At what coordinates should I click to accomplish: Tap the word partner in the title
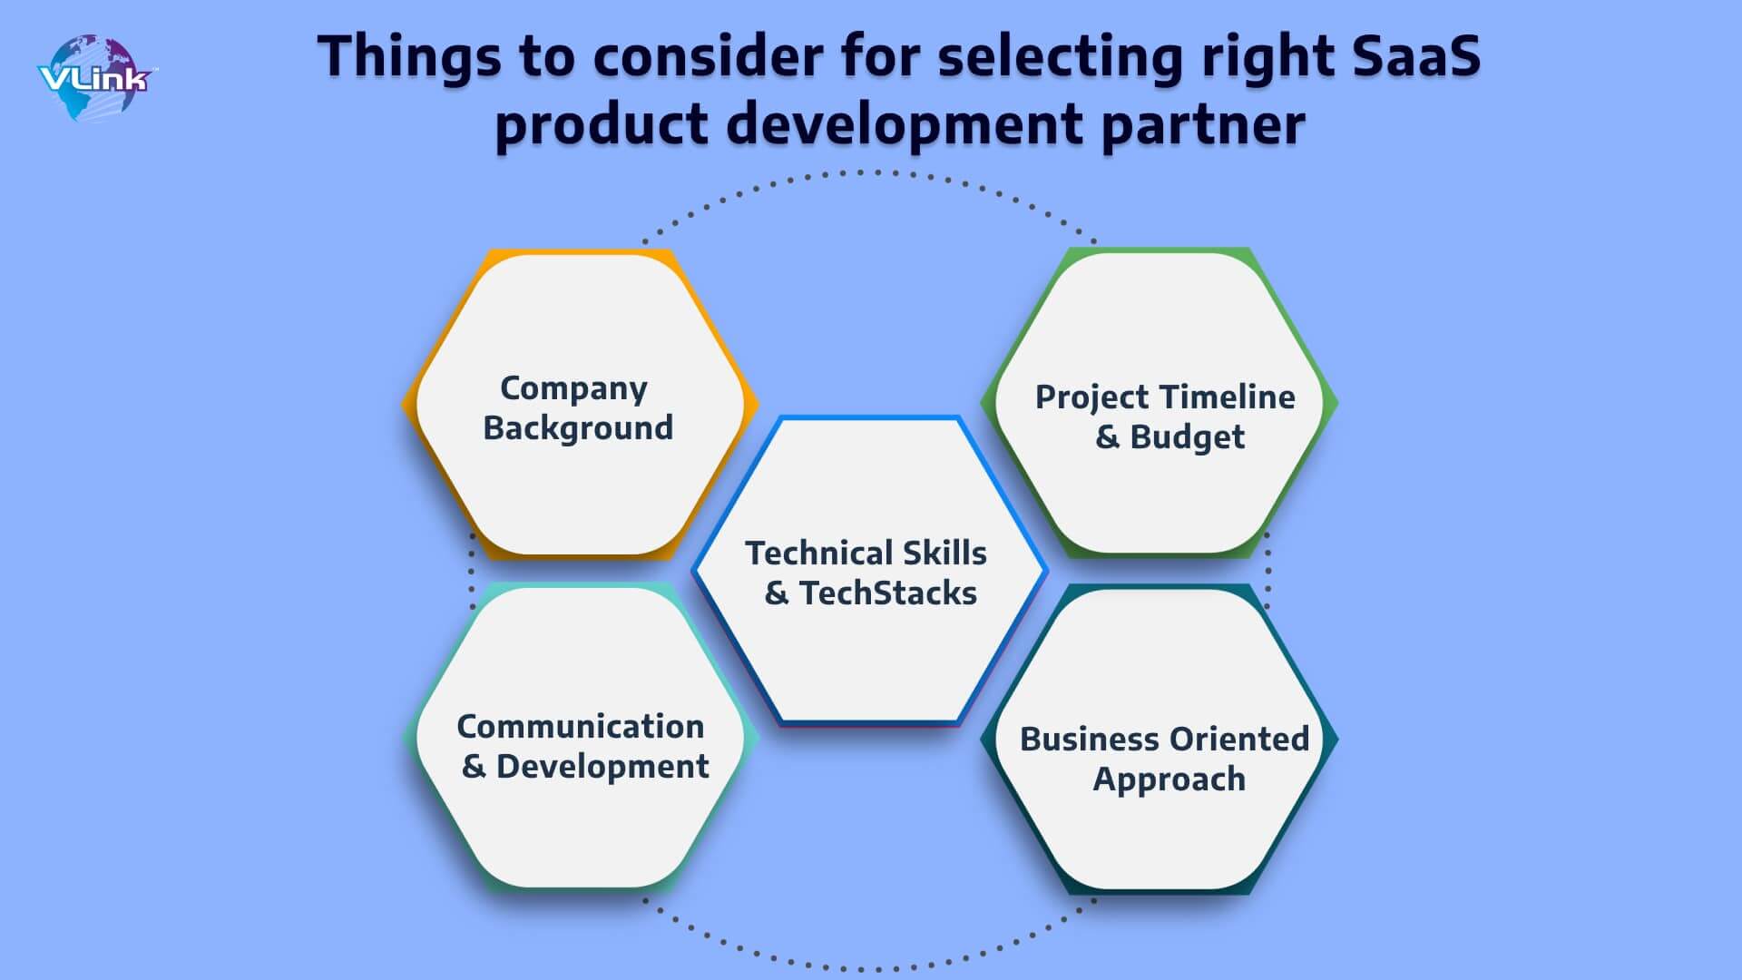tap(1203, 125)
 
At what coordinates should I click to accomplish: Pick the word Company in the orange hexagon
tap(573, 389)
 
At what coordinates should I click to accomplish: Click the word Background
tap(578, 427)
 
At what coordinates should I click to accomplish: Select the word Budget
tap(1187, 437)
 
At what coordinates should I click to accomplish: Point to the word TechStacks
tap(887, 593)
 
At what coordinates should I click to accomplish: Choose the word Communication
tap(581, 726)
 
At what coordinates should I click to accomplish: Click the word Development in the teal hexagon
tap(602, 767)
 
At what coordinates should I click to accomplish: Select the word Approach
tap(1169, 779)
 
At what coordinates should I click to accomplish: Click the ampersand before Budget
tap(1107, 437)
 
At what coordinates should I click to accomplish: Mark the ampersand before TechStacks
tap(776, 593)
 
